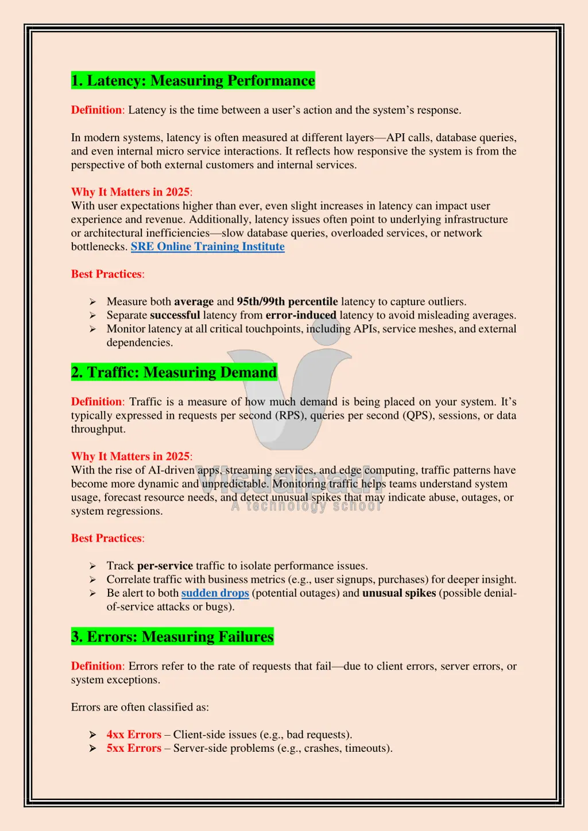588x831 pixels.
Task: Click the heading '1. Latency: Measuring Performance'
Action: click(193, 80)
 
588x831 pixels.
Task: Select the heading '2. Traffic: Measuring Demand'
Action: click(174, 372)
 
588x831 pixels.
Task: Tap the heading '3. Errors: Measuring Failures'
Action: click(172, 636)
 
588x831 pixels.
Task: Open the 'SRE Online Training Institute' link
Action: click(207, 247)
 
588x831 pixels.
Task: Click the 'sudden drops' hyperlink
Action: click(215, 593)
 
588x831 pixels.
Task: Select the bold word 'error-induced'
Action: click(300, 315)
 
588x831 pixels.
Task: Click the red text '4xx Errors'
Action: click(134, 735)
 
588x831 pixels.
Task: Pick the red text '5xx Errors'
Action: click(134, 748)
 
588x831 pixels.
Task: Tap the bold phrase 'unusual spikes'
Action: click(399, 593)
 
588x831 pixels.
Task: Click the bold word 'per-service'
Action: click(165, 566)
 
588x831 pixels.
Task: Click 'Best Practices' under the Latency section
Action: click(106, 274)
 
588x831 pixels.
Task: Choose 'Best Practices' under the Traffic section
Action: click(106, 538)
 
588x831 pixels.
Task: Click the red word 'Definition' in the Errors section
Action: click(96, 666)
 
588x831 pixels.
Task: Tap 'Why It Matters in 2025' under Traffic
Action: click(130, 456)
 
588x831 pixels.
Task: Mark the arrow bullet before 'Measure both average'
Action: click(92, 302)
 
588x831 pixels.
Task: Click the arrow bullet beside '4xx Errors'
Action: click(92, 735)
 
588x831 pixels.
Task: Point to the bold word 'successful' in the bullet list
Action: click(175, 315)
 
